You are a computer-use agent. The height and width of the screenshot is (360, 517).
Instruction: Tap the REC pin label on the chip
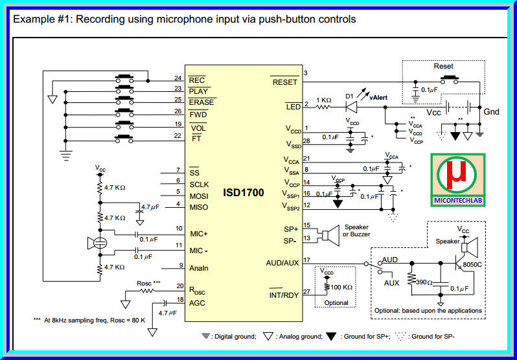click(196, 80)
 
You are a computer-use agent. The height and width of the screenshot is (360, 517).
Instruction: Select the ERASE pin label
click(201, 102)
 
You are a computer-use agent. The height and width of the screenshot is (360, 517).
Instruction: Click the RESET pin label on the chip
click(284, 82)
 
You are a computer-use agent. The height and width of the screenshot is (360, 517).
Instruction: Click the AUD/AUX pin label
click(282, 263)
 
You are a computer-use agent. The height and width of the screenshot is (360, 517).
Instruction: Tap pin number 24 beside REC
click(177, 77)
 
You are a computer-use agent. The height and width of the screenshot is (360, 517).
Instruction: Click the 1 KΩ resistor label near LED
click(325, 100)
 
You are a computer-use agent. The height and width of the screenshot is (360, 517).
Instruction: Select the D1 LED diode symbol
click(352, 106)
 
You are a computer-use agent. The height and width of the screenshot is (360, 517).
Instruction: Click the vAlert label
click(378, 97)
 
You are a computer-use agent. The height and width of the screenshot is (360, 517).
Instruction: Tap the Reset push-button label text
click(443, 66)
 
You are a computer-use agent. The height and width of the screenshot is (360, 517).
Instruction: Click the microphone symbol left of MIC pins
click(99, 243)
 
